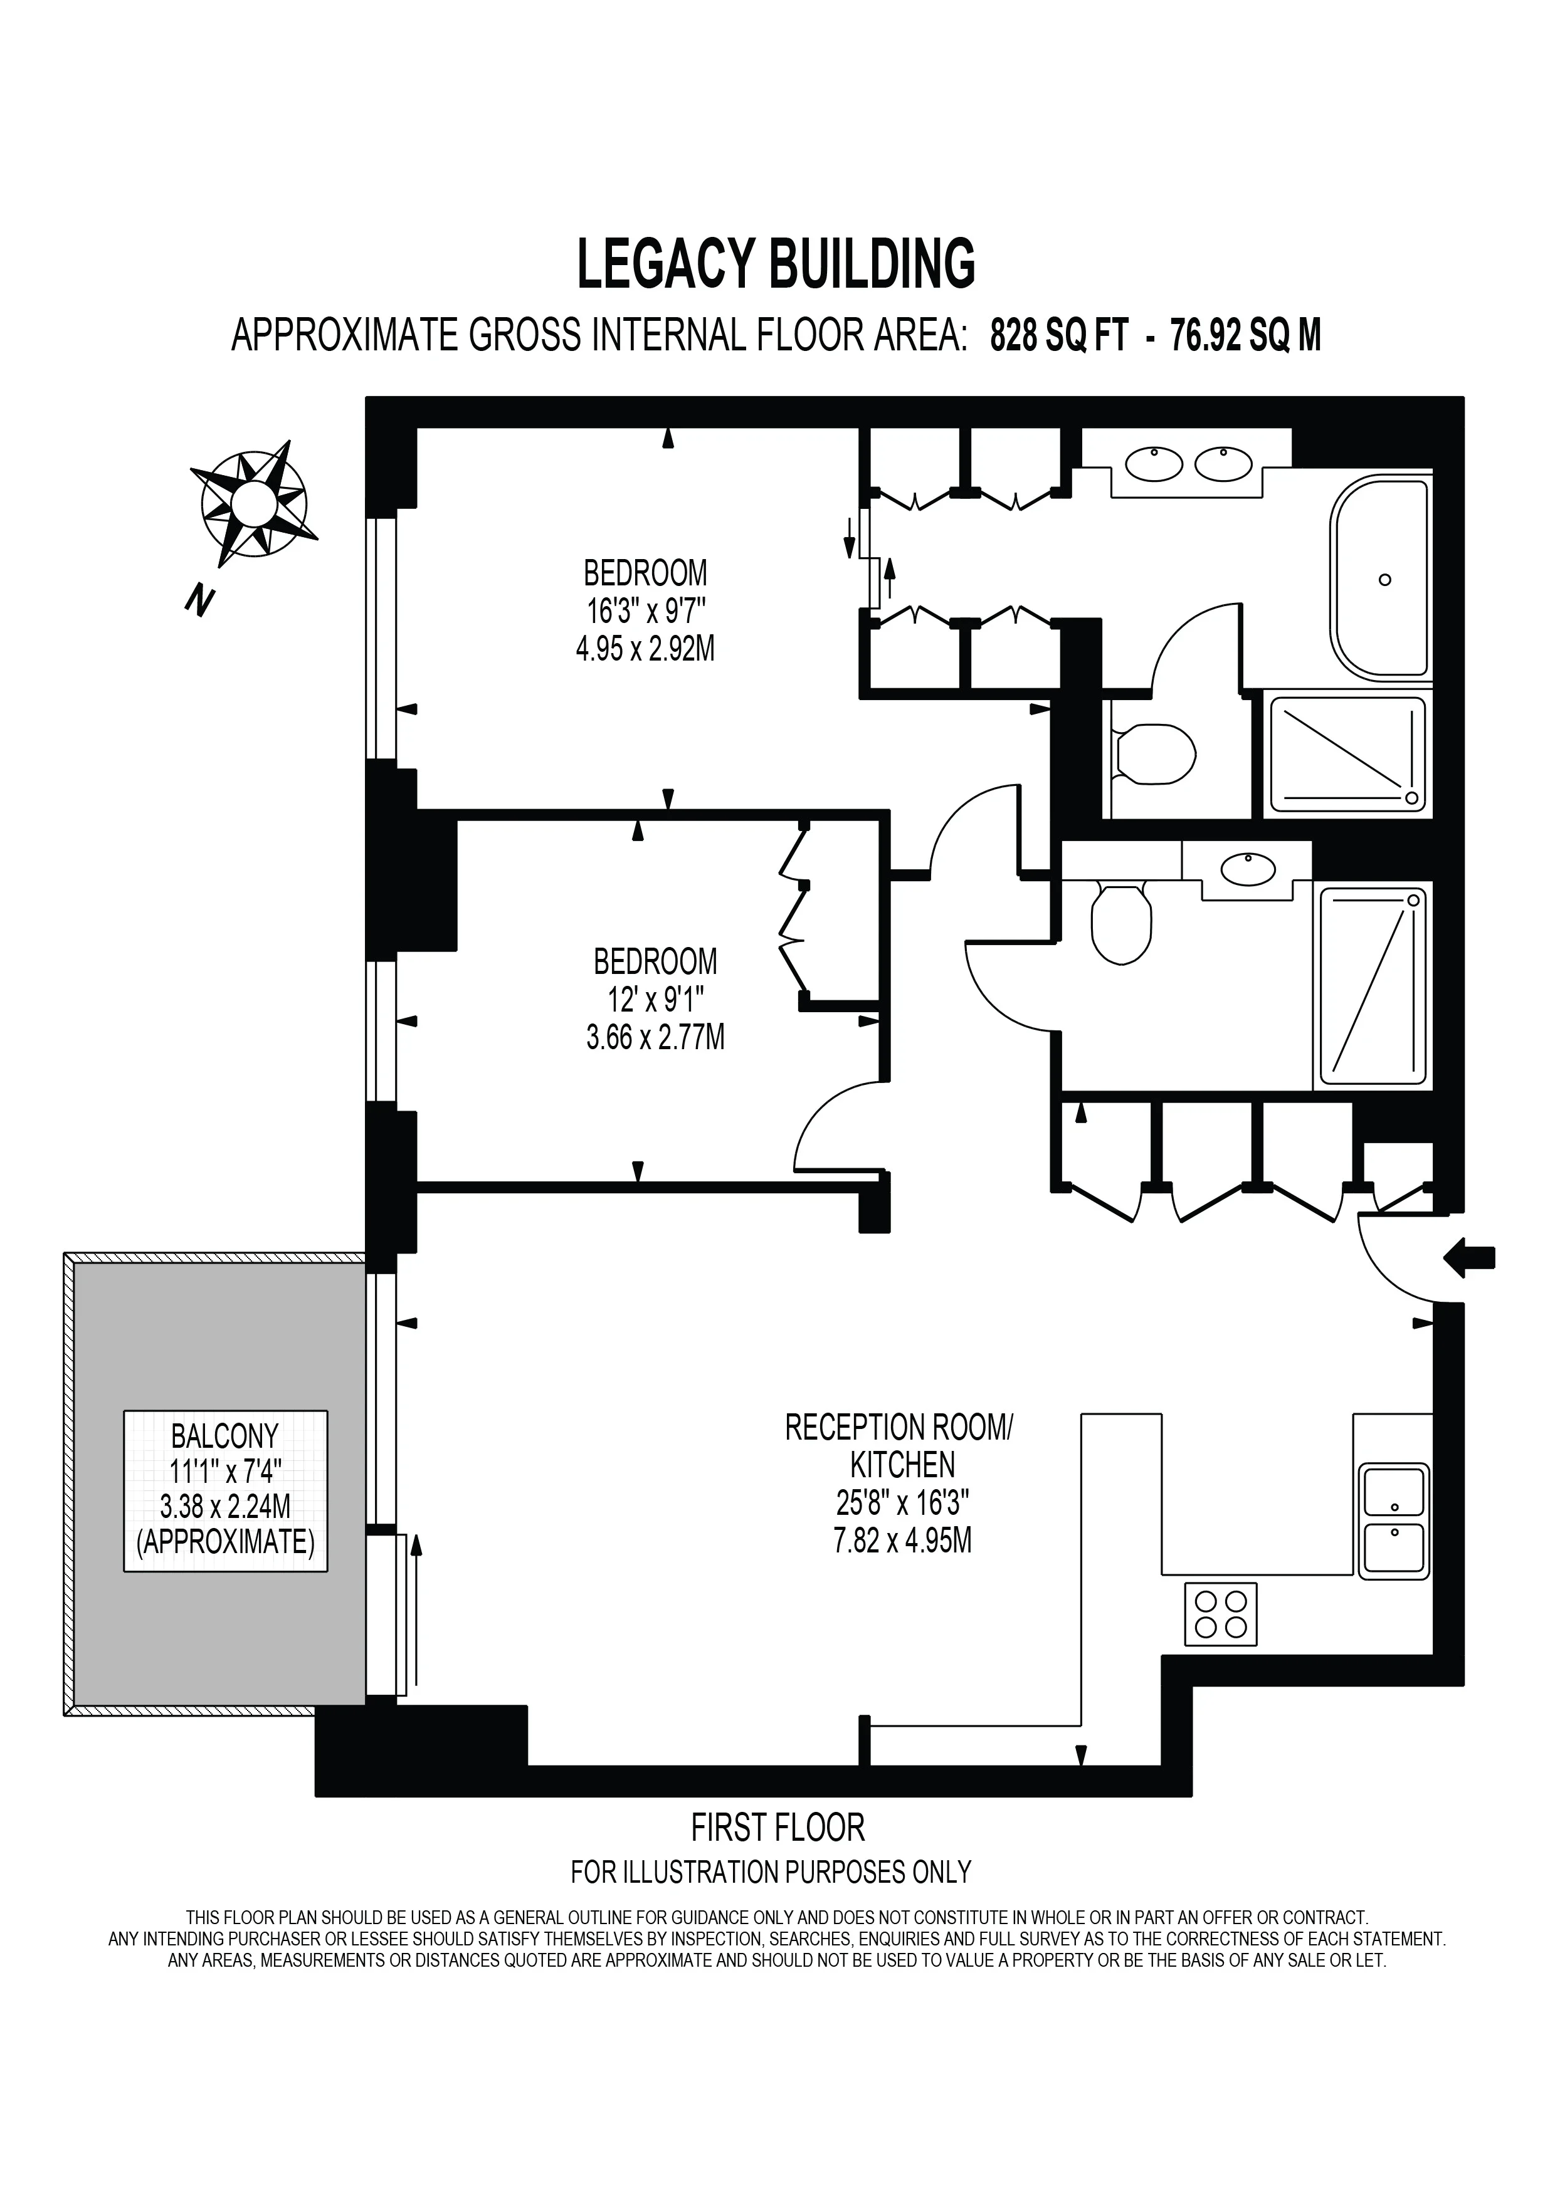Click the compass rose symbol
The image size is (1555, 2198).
point(254,503)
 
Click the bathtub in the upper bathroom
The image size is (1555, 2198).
point(1380,579)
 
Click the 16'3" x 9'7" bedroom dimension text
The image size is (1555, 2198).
point(645,611)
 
